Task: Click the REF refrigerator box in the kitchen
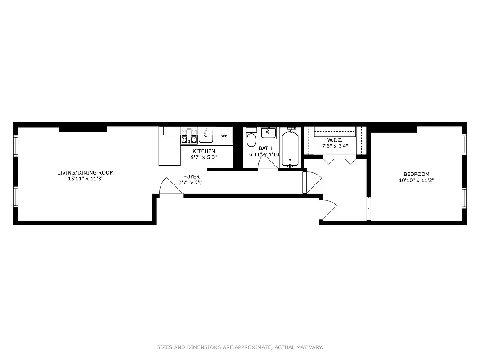click(224, 135)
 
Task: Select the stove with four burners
click(189, 136)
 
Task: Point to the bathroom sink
click(268, 133)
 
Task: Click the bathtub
click(290, 148)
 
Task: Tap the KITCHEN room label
click(204, 151)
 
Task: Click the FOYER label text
click(192, 176)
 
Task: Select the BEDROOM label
click(416, 174)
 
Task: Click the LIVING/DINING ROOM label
click(85, 172)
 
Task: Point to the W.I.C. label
click(335, 140)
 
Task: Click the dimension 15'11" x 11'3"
click(85, 179)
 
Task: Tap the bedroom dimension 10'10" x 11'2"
click(416, 180)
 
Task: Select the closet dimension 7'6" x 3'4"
click(335, 146)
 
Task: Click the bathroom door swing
click(269, 163)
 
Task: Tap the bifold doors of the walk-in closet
click(340, 160)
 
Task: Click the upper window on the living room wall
click(16, 145)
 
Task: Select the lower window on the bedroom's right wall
click(464, 198)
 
